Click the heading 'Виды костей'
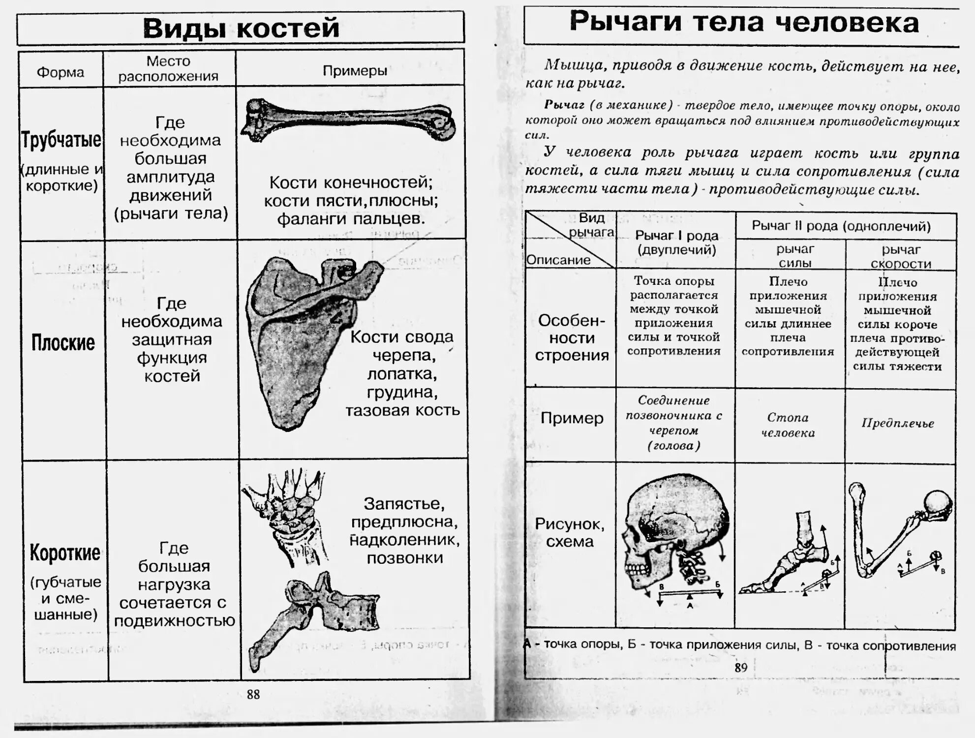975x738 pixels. coord(241,28)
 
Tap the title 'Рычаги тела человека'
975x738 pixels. coord(744,22)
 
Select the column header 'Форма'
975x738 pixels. coord(61,72)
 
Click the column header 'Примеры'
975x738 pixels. coord(355,71)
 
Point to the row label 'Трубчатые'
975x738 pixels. coord(61,140)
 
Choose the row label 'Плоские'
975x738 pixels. coord(63,342)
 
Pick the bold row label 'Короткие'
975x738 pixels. coord(65,553)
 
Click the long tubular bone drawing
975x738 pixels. coord(348,120)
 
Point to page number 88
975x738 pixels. coord(253,694)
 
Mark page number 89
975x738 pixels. coord(740,667)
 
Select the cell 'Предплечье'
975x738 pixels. coord(897,423)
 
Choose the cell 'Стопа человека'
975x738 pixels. coord(788,425)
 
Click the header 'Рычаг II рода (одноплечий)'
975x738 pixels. coord(841,226)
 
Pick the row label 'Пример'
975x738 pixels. coord(572,418)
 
